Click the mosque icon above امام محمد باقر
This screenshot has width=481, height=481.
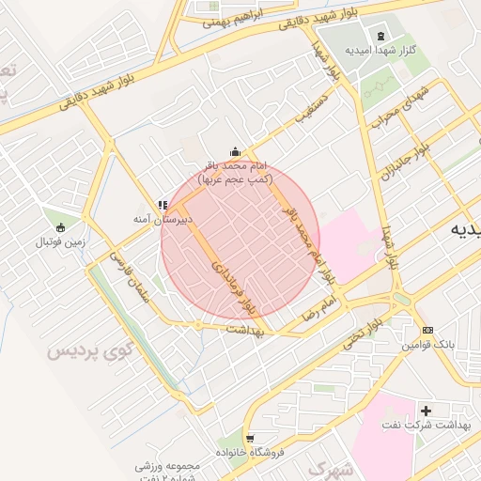[235, 152]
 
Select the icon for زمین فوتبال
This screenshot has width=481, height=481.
[62, 227]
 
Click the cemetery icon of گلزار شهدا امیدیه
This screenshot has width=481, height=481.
[380, 37]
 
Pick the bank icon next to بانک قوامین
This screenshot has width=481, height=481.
[427, 331]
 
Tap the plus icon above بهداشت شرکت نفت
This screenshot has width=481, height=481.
[427, 411]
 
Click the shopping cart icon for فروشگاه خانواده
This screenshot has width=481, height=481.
[249, 438]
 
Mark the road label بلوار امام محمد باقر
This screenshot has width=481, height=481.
[306, 234]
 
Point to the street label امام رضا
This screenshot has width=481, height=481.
[318, 311]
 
